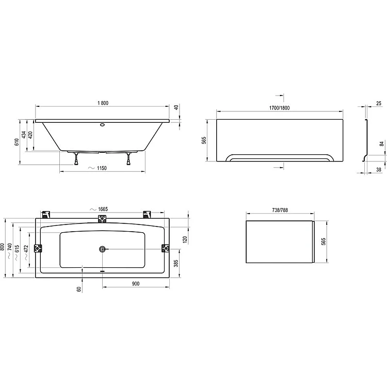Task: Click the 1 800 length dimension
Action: pyautogui.click(x=103, y=103)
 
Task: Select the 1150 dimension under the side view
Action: pyautogui.click(x=102, y=168)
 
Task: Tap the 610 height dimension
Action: pyautogui.click(x=17, y=142)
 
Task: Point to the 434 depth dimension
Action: pyautogui.click(x=24, y=135)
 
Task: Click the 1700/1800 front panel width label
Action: pyautogui.click(x=279, y=108)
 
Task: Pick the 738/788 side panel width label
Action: pyautogui.click(x=280, y=210)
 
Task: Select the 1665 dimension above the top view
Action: pyautogui.click(x=103, y=209)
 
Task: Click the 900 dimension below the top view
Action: pyautogui.click(x=136, y=284)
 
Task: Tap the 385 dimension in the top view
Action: pyautogui.click(x=176, y=264)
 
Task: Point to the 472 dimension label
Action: pyautogui.click(x=26, y=249)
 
